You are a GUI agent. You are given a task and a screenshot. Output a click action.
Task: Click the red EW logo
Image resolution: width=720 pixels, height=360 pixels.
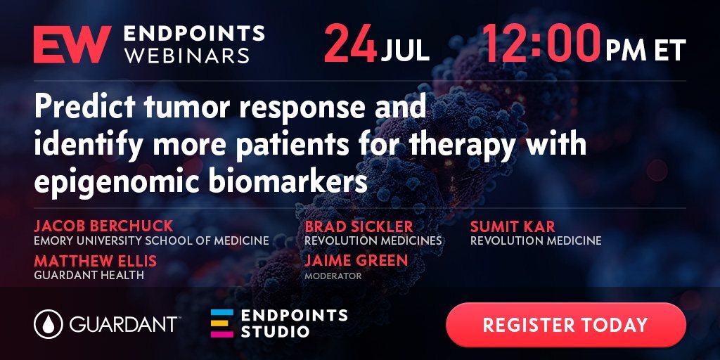point(72,44)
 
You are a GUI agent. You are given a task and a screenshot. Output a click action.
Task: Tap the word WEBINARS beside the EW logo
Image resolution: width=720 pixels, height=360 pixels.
point(187,56)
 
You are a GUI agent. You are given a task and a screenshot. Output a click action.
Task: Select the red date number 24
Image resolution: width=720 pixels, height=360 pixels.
point(350,44)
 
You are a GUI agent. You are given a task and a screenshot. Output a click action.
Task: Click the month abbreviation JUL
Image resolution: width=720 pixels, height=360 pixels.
point(405,51)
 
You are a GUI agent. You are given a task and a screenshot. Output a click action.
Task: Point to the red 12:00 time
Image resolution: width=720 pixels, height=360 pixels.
point(541,43)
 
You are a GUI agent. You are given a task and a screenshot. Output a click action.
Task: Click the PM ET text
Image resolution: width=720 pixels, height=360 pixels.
point(645,51)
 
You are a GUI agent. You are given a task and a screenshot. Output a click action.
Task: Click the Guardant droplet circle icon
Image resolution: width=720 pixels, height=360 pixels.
point(49,324)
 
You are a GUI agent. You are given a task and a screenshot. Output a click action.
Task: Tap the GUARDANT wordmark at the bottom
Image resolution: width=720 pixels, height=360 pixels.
point(124,324)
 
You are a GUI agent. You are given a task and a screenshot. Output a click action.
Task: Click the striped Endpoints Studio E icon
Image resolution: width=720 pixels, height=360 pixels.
point(221,323)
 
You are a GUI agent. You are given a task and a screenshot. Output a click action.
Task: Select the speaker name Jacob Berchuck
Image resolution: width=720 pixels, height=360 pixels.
point(103,226)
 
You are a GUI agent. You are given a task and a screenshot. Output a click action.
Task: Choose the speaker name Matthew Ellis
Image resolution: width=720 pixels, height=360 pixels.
point(95,261)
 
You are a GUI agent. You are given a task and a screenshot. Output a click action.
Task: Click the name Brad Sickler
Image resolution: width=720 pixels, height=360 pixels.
point(359,226)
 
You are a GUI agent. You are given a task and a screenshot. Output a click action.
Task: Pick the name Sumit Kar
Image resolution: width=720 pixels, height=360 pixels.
point(513,226)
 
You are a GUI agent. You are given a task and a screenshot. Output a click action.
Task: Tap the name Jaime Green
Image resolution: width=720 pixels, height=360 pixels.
point(356,260)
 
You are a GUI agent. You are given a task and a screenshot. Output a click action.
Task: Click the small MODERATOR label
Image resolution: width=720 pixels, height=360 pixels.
point(333,276)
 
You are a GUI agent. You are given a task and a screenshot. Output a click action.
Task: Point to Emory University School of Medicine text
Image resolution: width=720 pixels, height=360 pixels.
point(152,240)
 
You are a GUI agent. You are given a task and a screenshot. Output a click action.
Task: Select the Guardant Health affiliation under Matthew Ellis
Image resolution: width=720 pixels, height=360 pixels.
point(89,275)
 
